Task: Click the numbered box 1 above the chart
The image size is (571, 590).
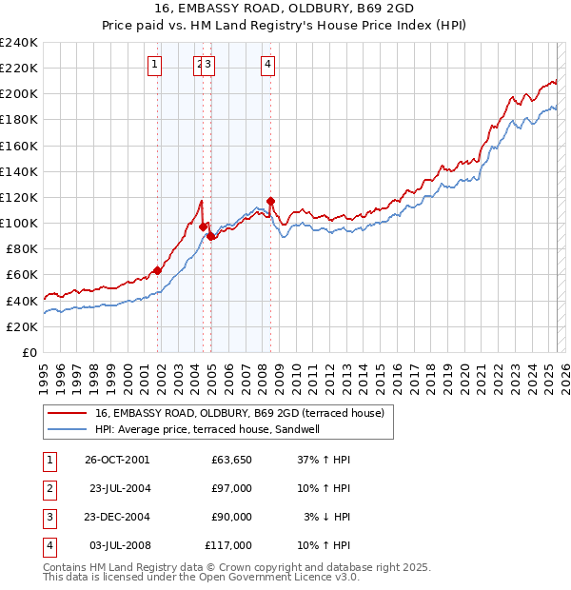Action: tap(154, 65)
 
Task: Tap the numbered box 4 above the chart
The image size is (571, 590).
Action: tap(268, 65)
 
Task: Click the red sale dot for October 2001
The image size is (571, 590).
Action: tap(158, 270)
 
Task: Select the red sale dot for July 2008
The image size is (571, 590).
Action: tap(271, 201)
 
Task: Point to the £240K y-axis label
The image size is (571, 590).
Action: tap(19, 42)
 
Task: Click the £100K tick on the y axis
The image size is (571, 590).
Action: tap(19, 223)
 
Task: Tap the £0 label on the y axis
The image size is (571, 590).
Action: tap(29, 352)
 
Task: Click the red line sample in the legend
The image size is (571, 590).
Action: tap(66, 413)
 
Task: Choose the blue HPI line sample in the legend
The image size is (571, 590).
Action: tap(66, 429)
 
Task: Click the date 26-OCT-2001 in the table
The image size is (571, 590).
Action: tap(117, 459)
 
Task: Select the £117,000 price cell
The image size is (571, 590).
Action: tap(228, 545)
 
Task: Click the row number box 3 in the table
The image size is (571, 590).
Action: tap(48, 517)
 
